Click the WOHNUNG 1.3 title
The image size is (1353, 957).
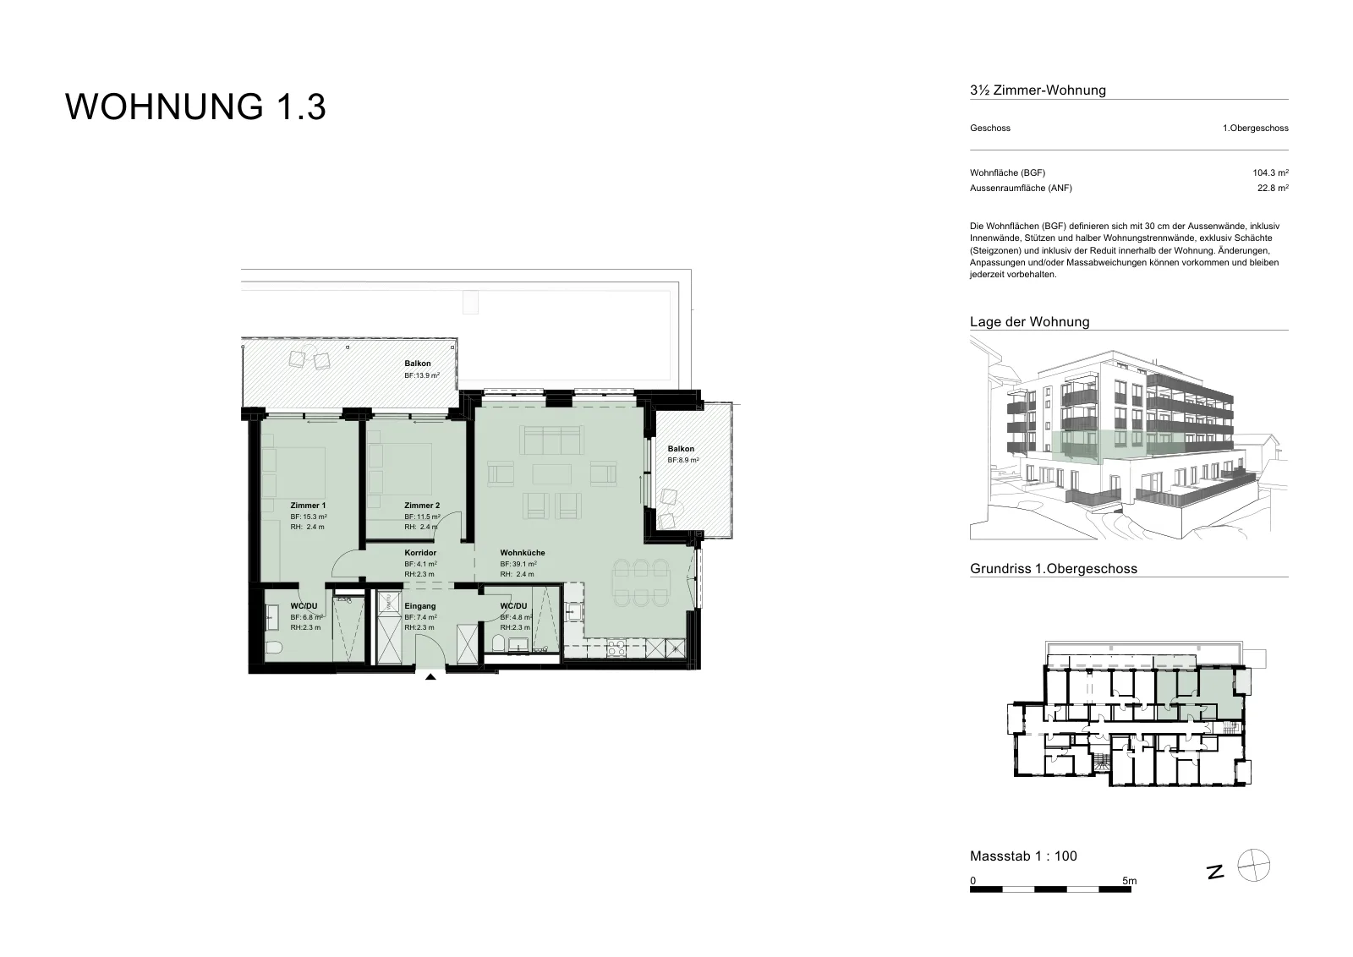coord(195,107)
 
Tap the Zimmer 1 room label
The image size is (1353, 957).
coord(308,506)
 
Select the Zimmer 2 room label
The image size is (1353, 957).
coord(422,506)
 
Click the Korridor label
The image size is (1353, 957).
coord(420,552)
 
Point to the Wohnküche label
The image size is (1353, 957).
coord(523,552)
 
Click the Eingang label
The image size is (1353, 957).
coord(419,606)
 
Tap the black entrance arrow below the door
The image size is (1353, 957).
coord(430,677)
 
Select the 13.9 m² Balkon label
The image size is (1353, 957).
coord(418,364)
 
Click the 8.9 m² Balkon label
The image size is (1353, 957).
coord(681,449)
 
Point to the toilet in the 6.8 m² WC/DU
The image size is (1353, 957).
coord(273,648)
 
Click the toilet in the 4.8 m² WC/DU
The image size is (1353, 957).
coord(499,643)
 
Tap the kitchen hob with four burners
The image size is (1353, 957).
coord(616,648)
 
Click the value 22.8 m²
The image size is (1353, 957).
coord(1274,188)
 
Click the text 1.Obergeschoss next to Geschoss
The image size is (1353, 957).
coord(1256,128)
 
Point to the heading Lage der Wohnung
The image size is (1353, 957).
coord(1030,322)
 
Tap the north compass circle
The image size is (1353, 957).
coord(1254,865)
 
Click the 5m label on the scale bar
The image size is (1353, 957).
coord(1130,881)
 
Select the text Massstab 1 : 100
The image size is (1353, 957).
coord(1024,856)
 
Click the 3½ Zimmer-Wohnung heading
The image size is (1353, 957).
coord(1038,90)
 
